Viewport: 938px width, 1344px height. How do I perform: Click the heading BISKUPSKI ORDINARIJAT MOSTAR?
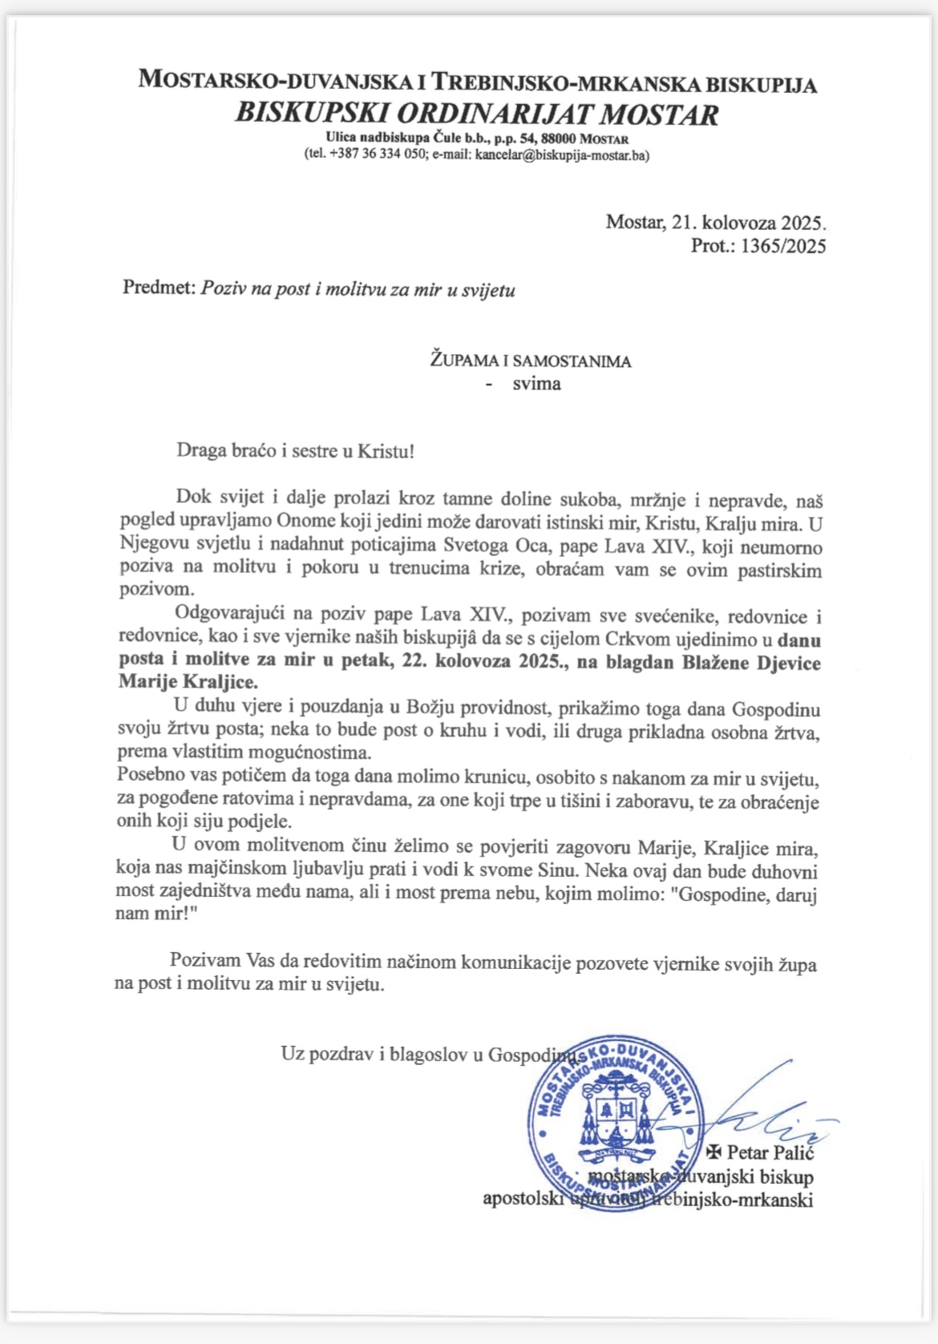point(476,114)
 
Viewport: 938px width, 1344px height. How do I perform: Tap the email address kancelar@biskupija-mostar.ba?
point(561,155)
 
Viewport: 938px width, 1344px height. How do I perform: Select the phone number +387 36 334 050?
point(375,155)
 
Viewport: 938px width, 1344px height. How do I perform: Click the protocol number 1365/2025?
point(783,246)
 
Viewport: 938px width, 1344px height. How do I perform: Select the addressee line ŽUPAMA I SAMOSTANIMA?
point(531,361)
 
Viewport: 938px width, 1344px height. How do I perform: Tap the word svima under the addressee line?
point(536,384)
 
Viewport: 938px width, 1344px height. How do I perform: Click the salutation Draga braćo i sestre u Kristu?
point(295,450)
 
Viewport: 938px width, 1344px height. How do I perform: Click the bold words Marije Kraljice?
point(188,683)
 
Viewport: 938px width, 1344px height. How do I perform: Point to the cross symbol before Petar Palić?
point(714,1152)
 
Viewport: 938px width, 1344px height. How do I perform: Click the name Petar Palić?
point(770,1152)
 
